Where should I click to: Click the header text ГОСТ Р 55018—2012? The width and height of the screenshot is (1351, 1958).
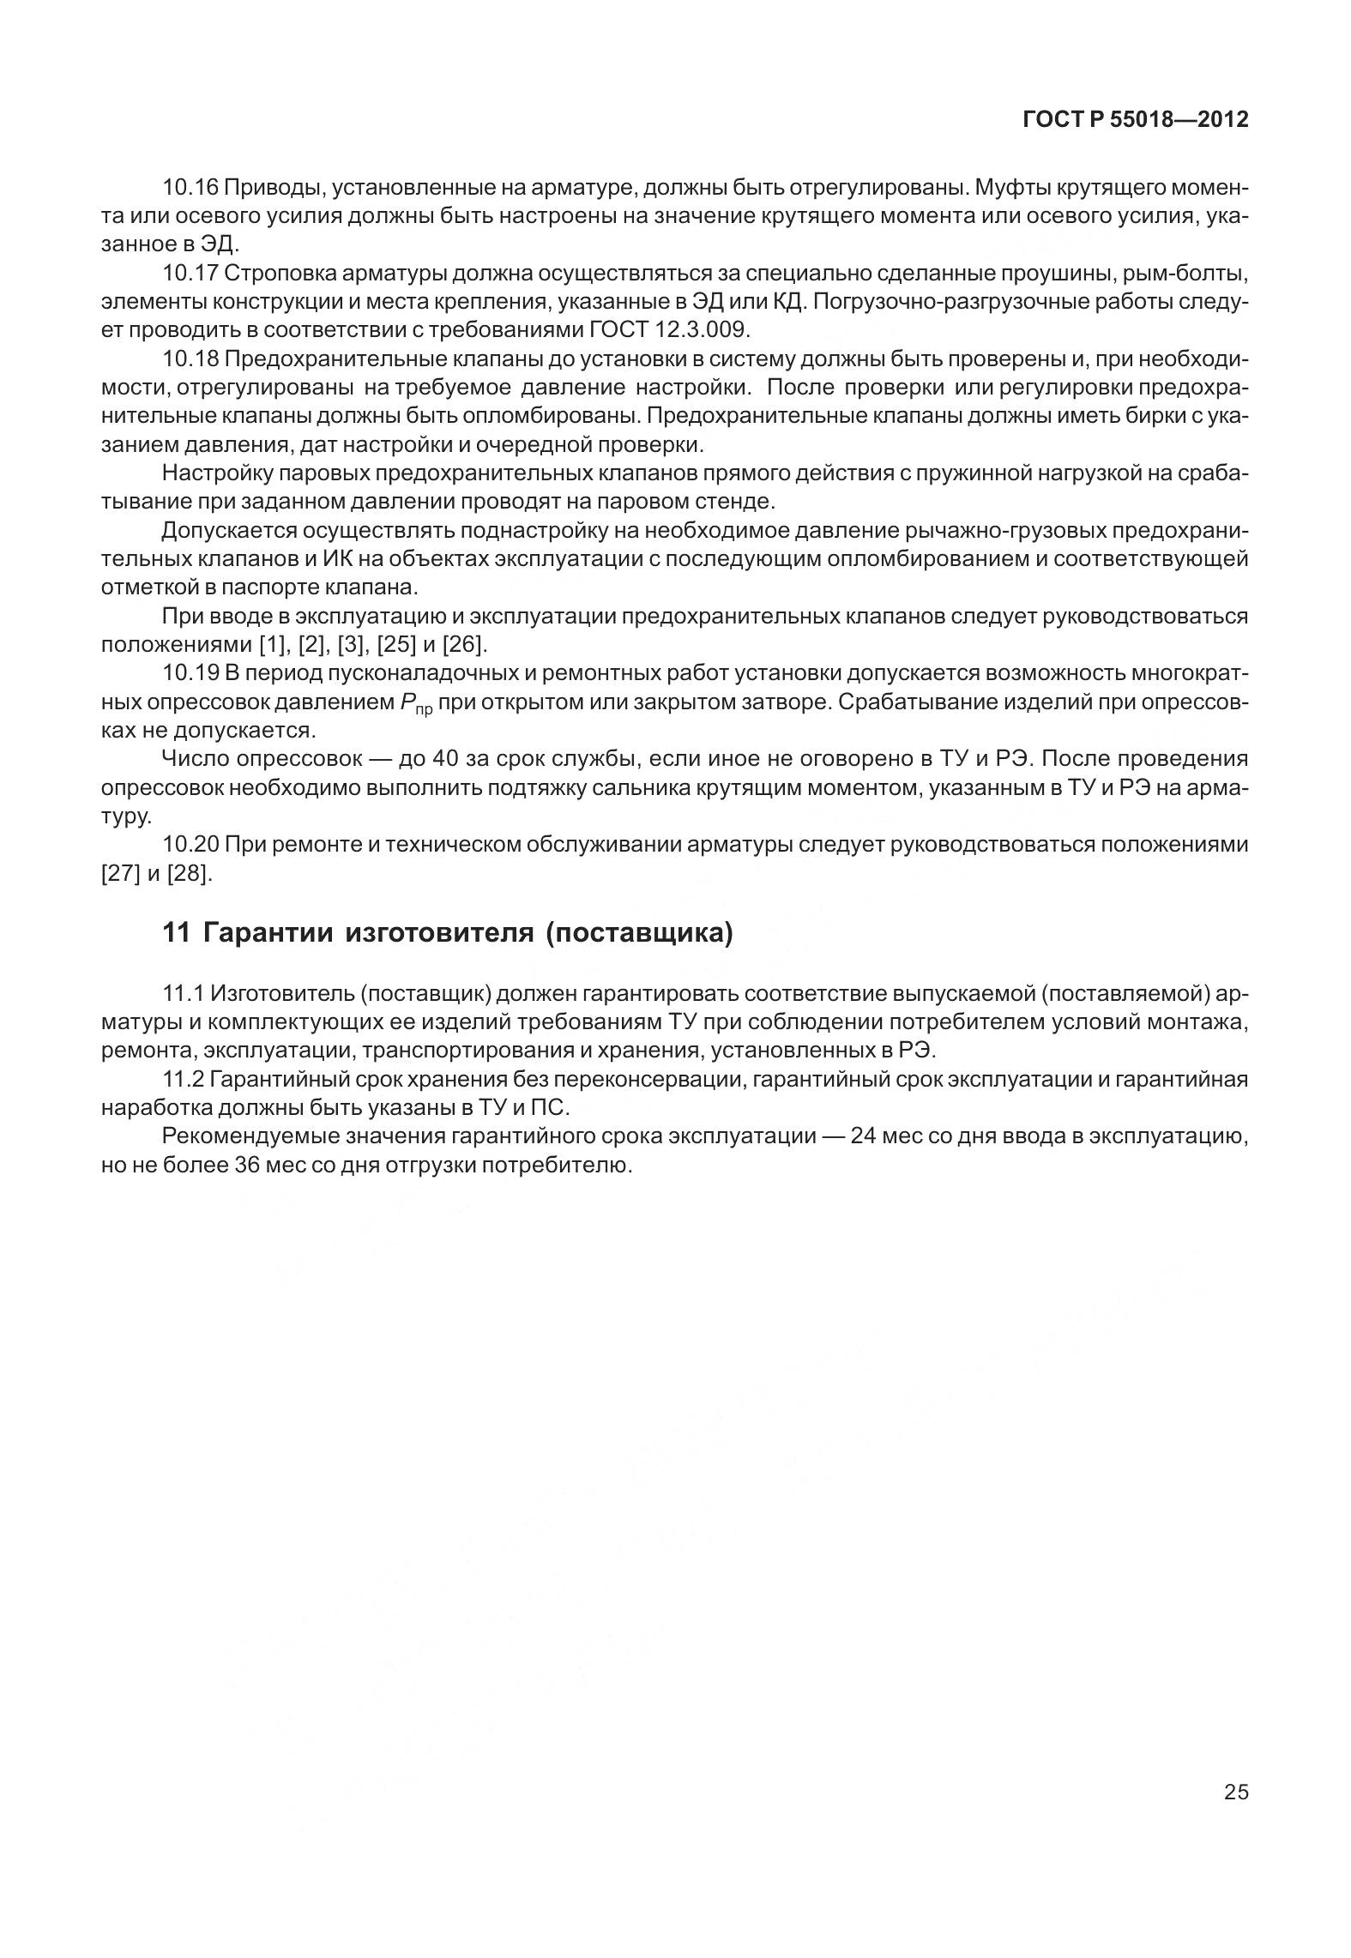(1135, 121)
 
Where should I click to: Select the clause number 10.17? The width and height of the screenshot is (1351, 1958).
(190, 274)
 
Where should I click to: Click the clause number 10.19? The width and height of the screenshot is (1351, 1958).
(190, 674)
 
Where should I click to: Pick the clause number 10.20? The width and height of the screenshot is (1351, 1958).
(190, 846)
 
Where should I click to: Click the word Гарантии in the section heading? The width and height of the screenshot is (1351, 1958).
(268, 933)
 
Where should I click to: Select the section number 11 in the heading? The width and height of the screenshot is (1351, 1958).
(176, 933)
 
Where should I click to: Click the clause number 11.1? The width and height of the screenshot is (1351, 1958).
(183, 994)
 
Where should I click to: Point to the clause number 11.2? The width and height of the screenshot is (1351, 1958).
(183, 1080)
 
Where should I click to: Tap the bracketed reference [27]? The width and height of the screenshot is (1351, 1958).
(120, 874)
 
